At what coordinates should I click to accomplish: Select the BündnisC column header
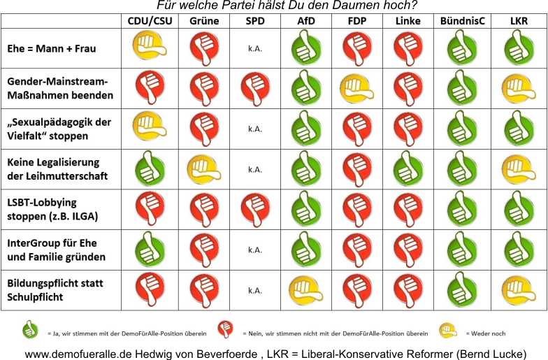[458, 21]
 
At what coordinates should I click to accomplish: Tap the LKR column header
[519, 21]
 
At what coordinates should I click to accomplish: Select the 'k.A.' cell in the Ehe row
[255, 49]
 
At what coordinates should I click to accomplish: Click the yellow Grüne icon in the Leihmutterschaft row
[204, 168]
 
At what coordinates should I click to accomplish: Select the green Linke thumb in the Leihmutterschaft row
[407, 168]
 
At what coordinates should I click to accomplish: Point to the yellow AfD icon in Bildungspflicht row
[305, 289]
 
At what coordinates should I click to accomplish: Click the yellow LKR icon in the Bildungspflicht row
[519, 289]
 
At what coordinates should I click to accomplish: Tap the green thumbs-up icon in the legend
[29, 329]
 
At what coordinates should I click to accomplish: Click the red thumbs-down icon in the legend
[224, 329]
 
